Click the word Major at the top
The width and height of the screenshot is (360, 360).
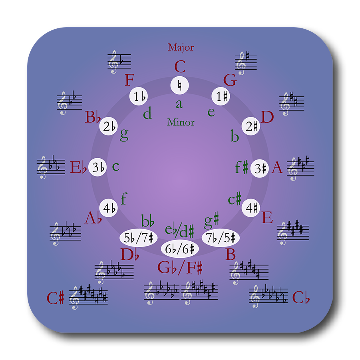click(181, 47)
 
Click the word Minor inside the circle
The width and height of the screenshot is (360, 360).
click(181, 122)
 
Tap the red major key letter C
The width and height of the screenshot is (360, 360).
click(180, 67)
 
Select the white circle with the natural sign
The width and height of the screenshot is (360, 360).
click(179, 85)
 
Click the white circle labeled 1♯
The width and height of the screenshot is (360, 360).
click(222, 96)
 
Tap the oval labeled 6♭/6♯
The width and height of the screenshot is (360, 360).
click(180, 249)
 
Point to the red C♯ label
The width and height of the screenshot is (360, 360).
click(56, 298)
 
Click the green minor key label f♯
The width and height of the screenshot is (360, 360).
click(241, 167)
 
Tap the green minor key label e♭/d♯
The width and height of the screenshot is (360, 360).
click(180, 230)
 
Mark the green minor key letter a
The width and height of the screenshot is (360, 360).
click(179, 103)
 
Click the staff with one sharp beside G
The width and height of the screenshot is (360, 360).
click(245, 63)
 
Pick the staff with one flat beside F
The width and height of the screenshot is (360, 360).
click(116, 62)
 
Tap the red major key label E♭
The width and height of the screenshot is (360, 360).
click(78, 167)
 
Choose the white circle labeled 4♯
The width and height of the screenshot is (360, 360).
click(251, 208)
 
